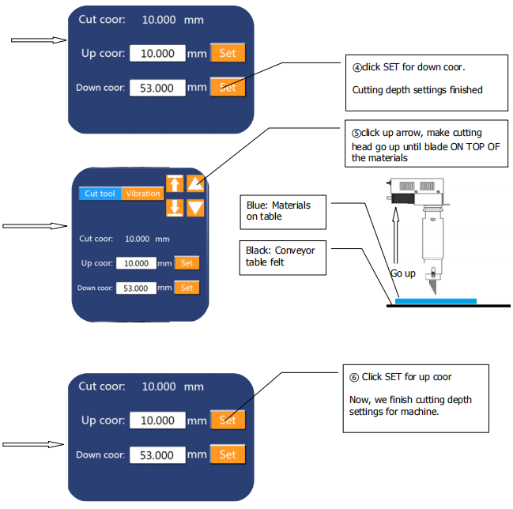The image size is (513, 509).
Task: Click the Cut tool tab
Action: [x=100, y=194]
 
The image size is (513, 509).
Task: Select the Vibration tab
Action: [x=142, y=194]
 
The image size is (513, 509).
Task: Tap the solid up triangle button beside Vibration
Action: [x=195, y=183]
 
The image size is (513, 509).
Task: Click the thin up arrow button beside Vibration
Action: [x=175, y=183]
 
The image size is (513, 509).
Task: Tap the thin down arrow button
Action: [x=175, y=208]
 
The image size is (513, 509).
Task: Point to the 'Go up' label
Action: [x=402, y=273]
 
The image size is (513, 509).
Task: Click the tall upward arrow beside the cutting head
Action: [x=394, y=237]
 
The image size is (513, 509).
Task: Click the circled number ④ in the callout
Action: [x=356, y=67]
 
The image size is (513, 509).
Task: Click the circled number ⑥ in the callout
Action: [x=355, y=377]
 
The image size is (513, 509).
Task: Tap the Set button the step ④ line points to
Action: [x=228, y=87]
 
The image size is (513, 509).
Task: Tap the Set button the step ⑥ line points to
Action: [x=228, y=420]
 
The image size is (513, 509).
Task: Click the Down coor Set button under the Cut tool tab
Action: [x=187, y=288]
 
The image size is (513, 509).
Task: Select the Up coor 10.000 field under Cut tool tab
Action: [x=136, y=262]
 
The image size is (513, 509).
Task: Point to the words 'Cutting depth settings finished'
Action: [x=417, y=90]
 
